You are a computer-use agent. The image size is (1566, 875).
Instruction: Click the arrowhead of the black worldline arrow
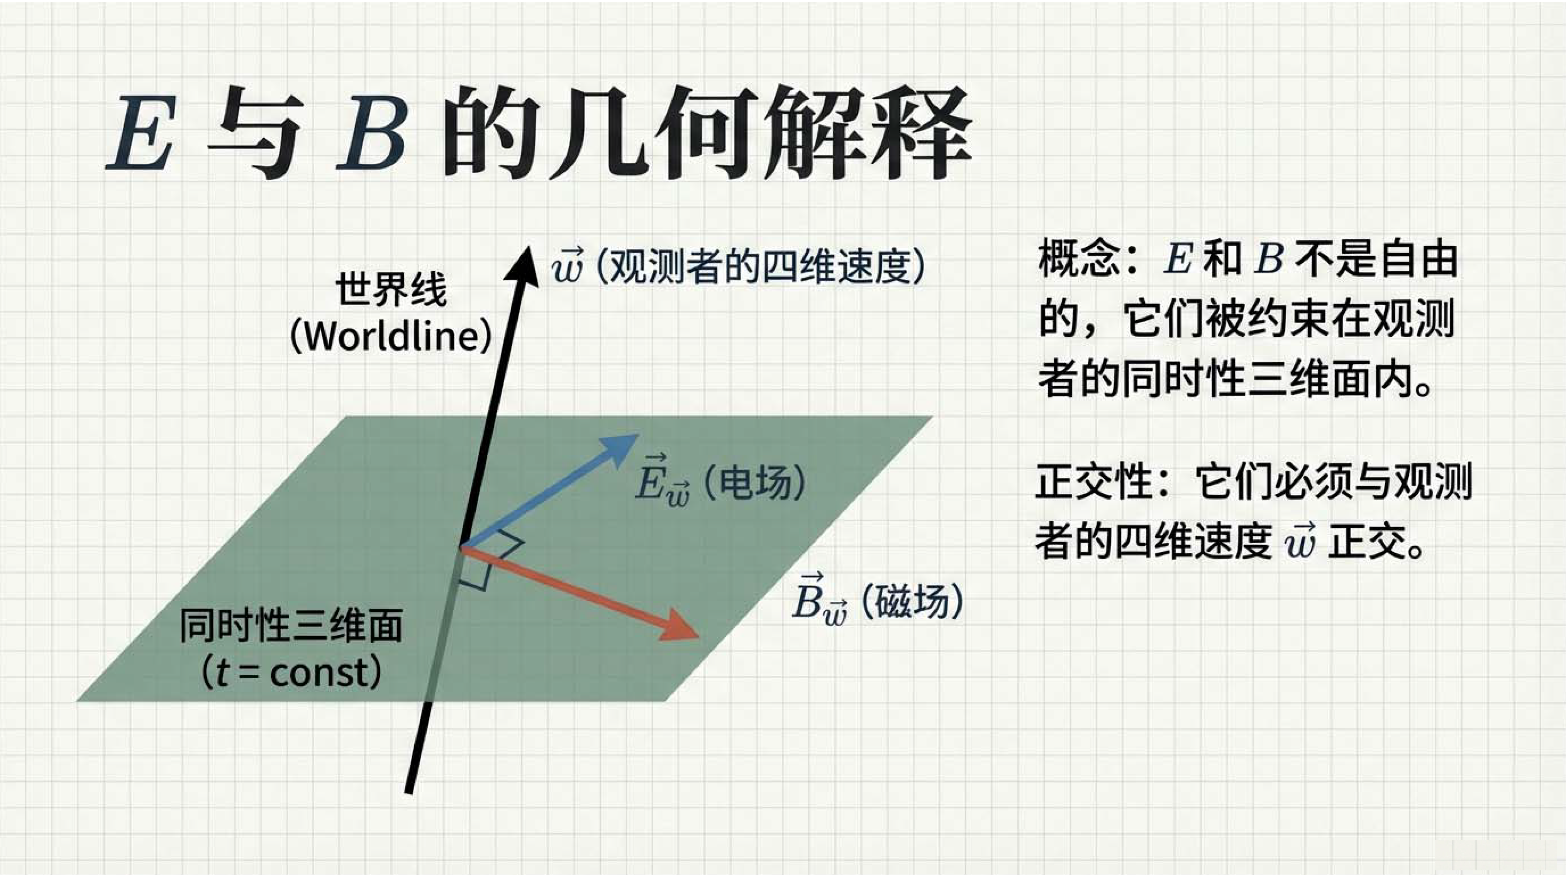coord(522,265)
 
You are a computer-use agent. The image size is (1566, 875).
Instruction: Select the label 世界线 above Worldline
coord(391,290)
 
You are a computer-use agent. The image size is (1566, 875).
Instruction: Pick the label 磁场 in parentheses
coord(912,601)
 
